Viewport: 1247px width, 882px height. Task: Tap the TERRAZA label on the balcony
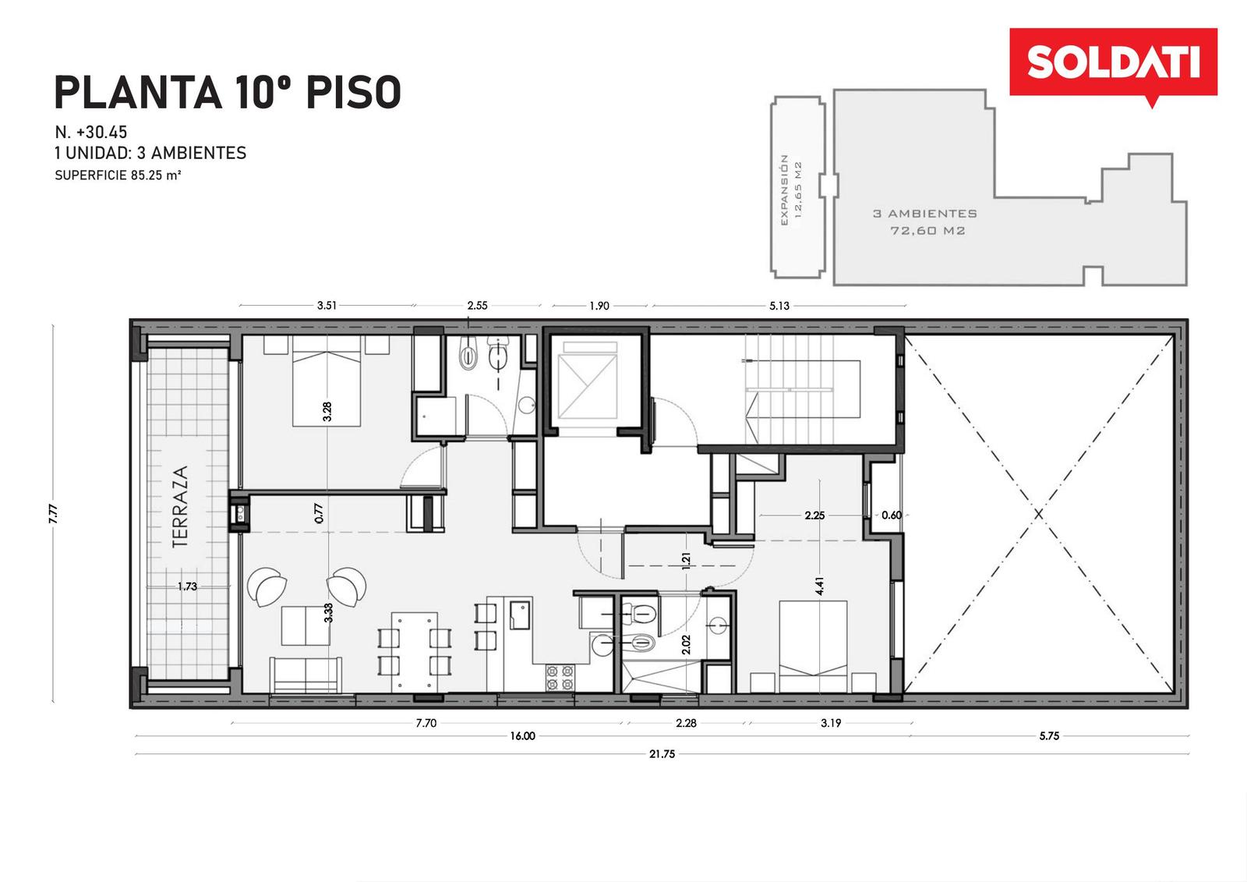pyautogui.click(x=180, y=506)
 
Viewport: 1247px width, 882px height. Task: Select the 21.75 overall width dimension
pyautogui.click(x=662, y=754)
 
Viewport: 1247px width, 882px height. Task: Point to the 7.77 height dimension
pyautogui.click(x=53, y=513)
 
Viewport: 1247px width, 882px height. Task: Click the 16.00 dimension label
pyautogui.click(x=522, y=736)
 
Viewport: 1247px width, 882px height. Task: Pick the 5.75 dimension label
pyautogui.click(x=1049, y=736)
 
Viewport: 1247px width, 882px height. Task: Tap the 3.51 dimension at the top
pyautogui.click(x=327, y=306)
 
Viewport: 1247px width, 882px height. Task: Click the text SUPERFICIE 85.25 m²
pyautogui.click(x=118, y=175)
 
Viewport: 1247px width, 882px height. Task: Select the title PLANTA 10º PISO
pyautogui.click(x=228, y=93)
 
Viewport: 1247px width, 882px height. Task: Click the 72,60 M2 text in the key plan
pyautogui.click(x=927, y=230)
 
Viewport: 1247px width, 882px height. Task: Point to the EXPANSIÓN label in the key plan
pyautogui.click(x=785, y=190)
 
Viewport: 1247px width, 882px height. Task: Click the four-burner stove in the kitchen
pyautogui.click(x=560, y=677)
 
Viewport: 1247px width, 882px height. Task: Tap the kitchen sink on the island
pyautogui.click(x=520, y=615)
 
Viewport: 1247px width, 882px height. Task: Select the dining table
pyautogui.click(x=414, y=652)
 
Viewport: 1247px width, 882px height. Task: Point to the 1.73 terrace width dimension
pyautogui.click(x=187, y=586)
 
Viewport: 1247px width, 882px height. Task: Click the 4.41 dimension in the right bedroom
pyautogui.click(x=819, y=586)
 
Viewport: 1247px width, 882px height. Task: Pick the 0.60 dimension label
pyautogui.click(x=892, y=515)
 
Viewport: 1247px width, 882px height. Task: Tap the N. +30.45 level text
pyautogui.click(x=90, y=132)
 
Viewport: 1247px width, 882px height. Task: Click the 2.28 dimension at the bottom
pyautogui.click(x=686, y=723)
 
